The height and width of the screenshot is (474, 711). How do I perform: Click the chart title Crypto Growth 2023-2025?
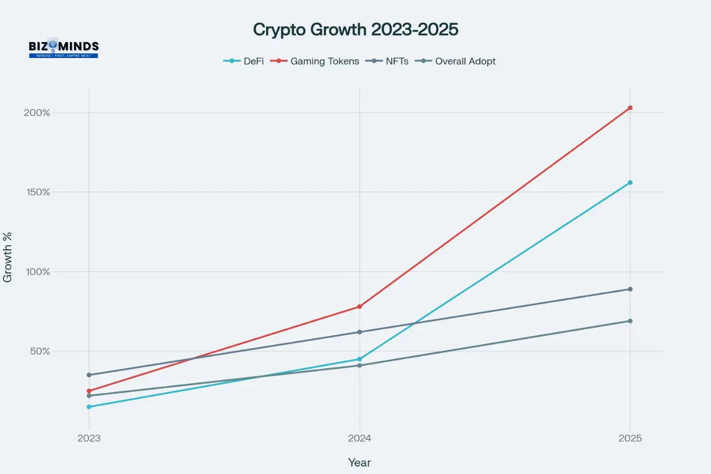tap(355, 30)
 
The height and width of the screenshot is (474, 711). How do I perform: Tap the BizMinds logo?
tap(63, 48)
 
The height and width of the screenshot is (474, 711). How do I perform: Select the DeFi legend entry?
tap(244, 61)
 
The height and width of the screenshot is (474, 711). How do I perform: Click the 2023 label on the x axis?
tap(89, 440)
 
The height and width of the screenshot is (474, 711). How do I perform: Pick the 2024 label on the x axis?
tap(359, 440)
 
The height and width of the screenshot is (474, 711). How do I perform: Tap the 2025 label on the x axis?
tap(630, 440)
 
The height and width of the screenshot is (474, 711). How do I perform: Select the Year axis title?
tap(359, 462)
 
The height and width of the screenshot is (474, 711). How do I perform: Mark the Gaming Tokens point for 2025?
tap(630, 108)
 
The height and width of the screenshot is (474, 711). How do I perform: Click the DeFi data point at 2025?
tap(630, 182)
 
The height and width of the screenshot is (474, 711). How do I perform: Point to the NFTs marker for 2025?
tap(630, 289)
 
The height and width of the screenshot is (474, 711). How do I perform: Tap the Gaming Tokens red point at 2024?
tap(359, 306)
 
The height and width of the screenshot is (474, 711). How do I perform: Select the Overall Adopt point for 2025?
tap(630, 321)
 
